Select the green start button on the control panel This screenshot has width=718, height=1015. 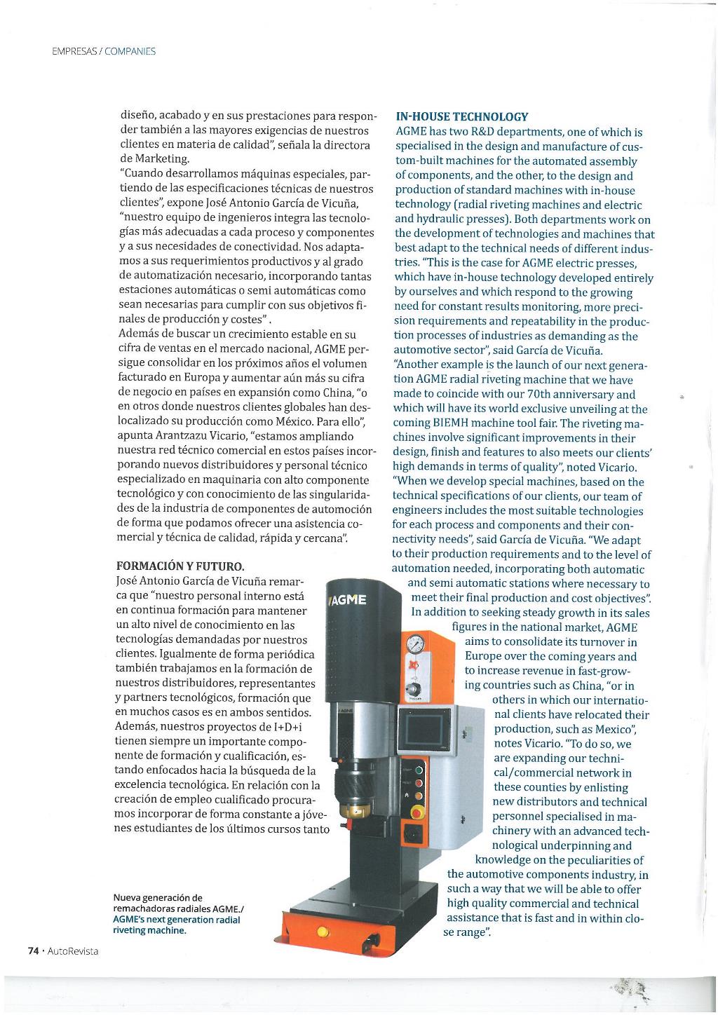point(419,771)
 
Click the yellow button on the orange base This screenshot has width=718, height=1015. point(323,932)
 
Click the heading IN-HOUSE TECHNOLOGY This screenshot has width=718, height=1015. point(462,116)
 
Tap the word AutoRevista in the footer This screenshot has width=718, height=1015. point(74,951)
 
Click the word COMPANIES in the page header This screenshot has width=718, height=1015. point(130,51)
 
